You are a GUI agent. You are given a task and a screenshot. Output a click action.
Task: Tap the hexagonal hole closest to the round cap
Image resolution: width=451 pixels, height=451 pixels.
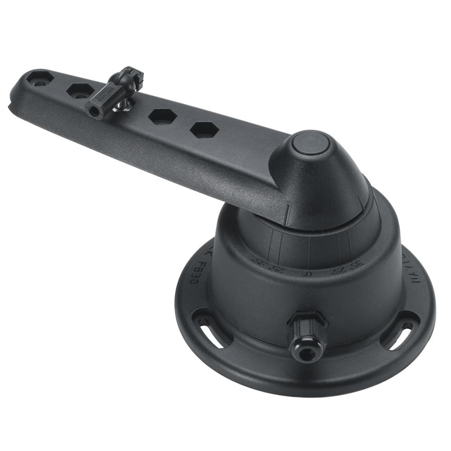tap(204, 130)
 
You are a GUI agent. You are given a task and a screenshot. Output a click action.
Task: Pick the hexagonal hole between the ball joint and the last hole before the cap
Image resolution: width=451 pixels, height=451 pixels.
tap(162, 116)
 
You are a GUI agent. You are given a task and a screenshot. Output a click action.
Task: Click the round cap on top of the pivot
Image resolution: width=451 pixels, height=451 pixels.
tap(310, 144)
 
